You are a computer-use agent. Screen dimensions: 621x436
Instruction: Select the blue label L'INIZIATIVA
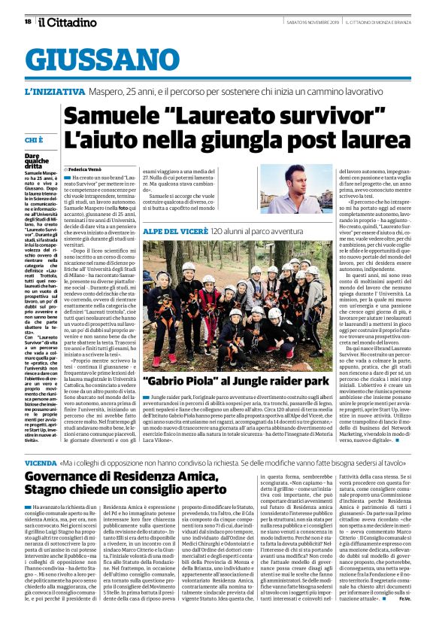coord(56,92)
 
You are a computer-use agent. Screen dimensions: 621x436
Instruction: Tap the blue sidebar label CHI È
coord(35,141)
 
